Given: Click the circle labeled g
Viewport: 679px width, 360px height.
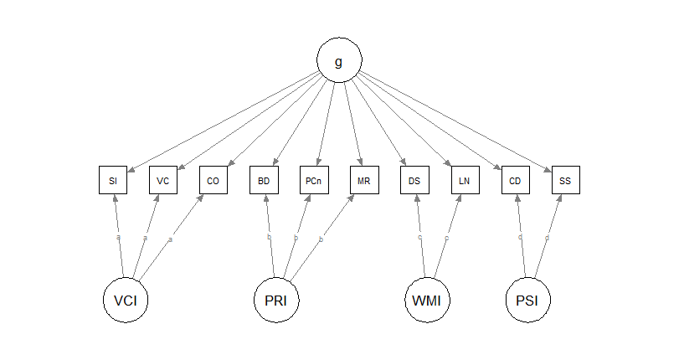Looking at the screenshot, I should (339, 62).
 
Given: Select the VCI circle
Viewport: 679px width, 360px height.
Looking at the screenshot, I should (126, 299).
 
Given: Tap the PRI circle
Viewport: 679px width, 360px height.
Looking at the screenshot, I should (276, 299).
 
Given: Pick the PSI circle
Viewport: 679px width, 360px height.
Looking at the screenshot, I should (528, 299).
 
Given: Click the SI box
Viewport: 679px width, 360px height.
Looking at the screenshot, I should (113, 180).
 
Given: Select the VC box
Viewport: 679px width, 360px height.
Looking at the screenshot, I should (163, 180).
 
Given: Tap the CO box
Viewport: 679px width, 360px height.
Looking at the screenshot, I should (213, 180).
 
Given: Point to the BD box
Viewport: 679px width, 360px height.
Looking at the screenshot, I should (264, 180).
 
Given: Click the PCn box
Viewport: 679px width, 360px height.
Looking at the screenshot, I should (314, 180).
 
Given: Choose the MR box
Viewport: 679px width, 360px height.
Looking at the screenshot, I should (364, 180).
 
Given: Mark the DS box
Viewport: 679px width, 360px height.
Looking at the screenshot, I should (414, 180).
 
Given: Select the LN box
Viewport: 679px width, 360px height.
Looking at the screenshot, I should (465, 180).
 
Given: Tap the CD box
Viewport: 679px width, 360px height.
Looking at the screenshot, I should (516, 180).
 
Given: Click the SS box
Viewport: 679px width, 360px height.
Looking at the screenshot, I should (566, 180).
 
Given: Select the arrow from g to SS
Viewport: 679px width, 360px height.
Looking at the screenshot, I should (456, 121).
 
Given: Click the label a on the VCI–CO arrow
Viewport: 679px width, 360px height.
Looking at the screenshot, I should (170, 240).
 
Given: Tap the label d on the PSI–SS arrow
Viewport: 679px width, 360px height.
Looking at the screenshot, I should (547, 238).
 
